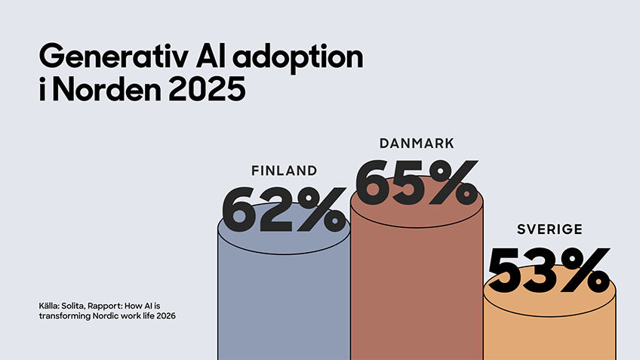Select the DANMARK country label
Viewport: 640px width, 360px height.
click(417, 143)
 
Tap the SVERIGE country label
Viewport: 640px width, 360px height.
click(549, 229)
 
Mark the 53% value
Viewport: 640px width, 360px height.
click(549, 269)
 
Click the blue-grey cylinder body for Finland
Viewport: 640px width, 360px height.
click(284, 302)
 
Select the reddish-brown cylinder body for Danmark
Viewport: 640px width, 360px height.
click(417, 287)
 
